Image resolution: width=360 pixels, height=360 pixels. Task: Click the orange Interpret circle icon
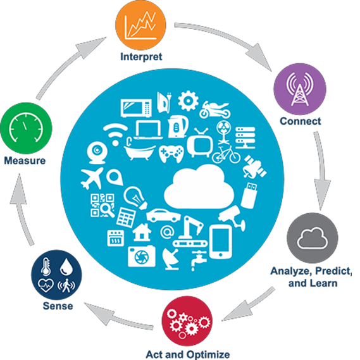pyautogui.click(x=140, y=25)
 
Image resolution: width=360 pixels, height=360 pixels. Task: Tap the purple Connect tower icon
pyautogui.click(x=300, y=89)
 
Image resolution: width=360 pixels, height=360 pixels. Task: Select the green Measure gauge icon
pyautogui.click(x=26, y=128)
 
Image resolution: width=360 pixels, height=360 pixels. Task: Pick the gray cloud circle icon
pyautogui.click(x=313, y=238)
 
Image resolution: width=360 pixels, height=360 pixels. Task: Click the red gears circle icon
pyautogui.click(x=187, y=321)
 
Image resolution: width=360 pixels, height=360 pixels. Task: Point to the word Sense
pyautogui.click(x=58, y=306)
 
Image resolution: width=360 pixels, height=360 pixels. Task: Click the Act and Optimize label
pyautogui.click(x=188, y=354)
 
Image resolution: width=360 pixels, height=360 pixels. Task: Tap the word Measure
pyautogui.click(x=25, y=161)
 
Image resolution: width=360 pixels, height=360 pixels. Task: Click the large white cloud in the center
pyautogui.click(x=199, y=187)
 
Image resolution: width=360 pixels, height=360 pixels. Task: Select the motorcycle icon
pyautogui.click(x=215, y=109)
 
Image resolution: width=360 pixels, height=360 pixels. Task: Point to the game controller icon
pyautogui.click(x=171, y=153)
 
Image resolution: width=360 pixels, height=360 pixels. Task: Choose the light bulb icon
pyautogui.click(x=135, y=197)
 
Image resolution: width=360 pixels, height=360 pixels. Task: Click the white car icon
pyautogui.click(x=163, y=215)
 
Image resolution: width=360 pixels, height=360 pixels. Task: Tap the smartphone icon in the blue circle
pyautogui.click(x=221, y=242)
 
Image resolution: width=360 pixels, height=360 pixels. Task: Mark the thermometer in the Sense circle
pyautogui.click(x=46, y=266)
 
